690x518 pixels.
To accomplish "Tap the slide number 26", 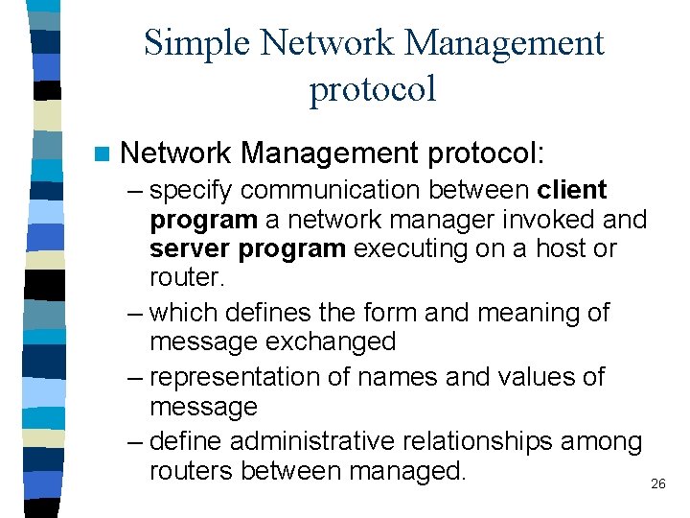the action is click(657, 484).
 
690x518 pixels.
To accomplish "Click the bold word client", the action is click(573, 190).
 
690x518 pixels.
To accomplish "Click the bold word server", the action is click(192, 249).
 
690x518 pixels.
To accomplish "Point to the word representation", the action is click(238, 377).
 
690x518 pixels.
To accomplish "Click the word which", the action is click(183, 313).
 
